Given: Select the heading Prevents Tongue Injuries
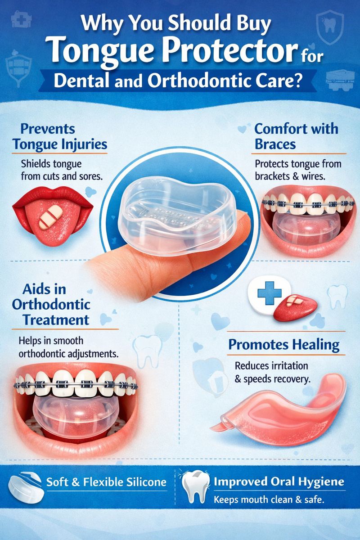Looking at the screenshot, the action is pos(60,136).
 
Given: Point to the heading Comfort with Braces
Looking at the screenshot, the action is pos(297,136).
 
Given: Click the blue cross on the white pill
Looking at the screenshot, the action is pos(270,293).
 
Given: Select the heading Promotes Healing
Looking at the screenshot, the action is pos(284,345).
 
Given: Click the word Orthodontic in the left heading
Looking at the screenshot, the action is pos(51,305).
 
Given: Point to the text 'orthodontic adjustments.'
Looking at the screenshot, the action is pos(69,354).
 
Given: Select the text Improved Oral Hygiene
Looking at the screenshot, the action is pos(279,482).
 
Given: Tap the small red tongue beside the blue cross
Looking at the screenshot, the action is pos(295,309).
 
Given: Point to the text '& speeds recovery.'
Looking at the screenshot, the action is pos(272,379).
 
